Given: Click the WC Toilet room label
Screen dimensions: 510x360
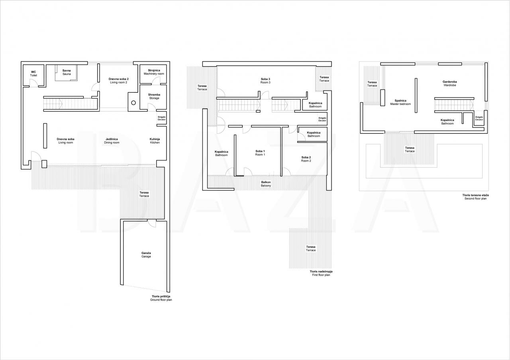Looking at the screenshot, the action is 33,74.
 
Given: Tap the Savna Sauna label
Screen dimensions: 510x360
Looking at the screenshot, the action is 67,72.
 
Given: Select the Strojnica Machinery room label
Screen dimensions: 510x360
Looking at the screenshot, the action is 154,72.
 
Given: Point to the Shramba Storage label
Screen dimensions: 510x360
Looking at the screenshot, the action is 154,96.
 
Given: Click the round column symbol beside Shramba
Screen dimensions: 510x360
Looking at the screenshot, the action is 133,103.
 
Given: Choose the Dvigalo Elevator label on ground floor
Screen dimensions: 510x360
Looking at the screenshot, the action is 162,118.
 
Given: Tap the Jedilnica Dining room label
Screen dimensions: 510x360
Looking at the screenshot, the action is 112,141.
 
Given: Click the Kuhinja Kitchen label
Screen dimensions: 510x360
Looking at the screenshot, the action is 155,141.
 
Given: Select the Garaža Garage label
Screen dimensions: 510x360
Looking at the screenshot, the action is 146,254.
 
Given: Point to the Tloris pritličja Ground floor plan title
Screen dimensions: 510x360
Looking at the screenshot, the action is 161,298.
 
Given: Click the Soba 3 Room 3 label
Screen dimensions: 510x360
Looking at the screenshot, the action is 265,81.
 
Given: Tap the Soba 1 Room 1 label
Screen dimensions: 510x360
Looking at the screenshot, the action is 260,153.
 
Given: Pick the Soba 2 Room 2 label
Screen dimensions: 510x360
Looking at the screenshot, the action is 306,159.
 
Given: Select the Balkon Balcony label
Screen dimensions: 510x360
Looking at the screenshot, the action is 266,184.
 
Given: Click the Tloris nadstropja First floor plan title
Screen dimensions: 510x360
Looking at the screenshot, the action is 321,273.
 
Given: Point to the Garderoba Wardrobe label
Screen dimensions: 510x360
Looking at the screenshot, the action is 450,83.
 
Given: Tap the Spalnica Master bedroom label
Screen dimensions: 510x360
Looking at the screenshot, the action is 400,102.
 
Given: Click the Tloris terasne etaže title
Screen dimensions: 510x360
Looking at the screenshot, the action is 476,195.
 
